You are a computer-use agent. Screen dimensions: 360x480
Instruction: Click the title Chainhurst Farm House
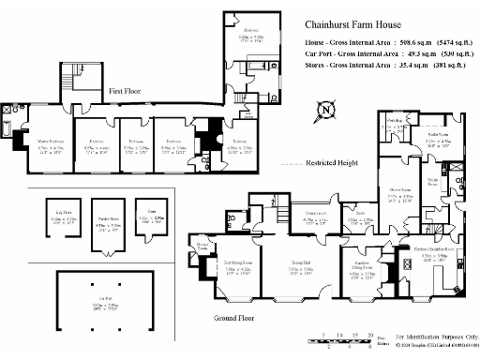click(358, 26)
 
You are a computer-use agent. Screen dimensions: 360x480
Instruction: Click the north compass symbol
click(325, 111)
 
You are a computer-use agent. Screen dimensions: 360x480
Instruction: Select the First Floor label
click(126, 92)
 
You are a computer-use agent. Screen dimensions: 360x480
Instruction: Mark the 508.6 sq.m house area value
click(397, 43)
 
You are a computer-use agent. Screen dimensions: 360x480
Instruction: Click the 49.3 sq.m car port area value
click(404, 55)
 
